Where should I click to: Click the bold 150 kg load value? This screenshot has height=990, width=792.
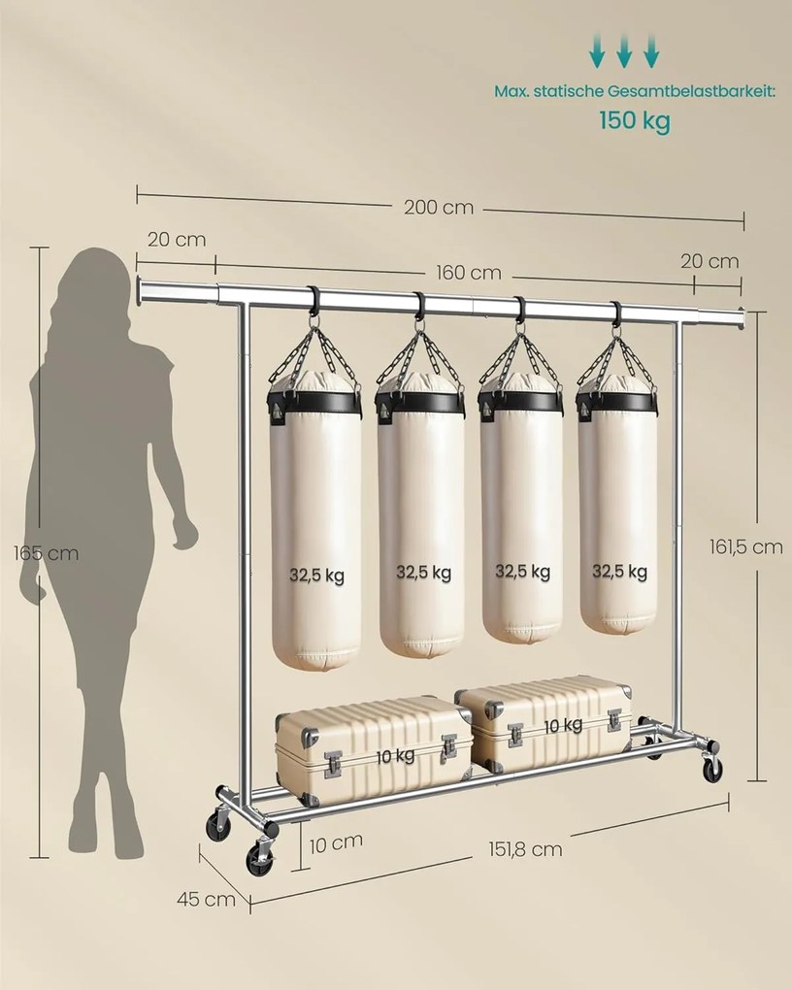(x=634, y=120)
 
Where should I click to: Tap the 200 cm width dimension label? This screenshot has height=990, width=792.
(x=439, y=207)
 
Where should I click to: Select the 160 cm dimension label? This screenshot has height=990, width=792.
(x=469, y=273)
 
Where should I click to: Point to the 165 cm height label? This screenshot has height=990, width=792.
(x=47, y=553)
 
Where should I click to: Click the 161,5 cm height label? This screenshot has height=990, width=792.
(x=745, y=546)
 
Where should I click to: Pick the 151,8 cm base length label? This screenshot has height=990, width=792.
(x=525, y=849)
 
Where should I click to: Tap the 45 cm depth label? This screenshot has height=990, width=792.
(x=206, y=899)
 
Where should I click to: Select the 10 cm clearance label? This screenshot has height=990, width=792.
(x=336, y=842)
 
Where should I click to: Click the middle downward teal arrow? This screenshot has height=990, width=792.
(x=624, y=51)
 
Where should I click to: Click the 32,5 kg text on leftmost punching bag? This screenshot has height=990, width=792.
(x=316, y=576)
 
